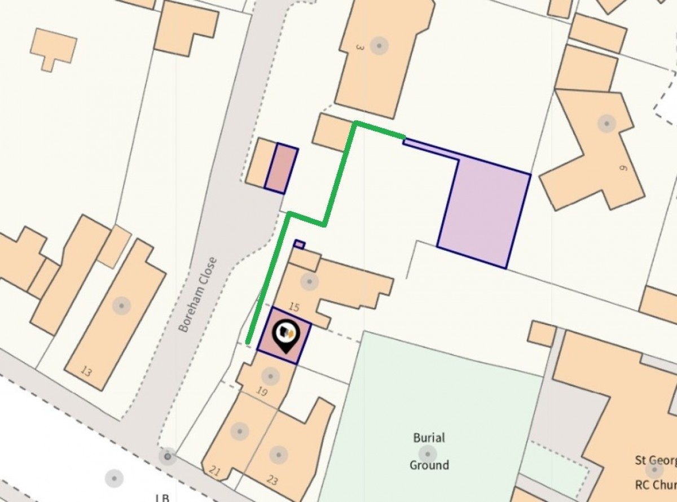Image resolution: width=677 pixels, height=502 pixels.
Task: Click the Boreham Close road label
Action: pos(197,294)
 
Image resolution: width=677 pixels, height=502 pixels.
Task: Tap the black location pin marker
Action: pos(285,335)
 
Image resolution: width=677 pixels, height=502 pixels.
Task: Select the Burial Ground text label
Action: pos(429,451)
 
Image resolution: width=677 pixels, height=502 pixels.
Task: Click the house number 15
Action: pos(293,307)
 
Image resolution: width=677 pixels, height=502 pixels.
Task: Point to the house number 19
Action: pos(262,391)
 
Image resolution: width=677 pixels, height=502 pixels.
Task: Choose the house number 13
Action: pos(86,371)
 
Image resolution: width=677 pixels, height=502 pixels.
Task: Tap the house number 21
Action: pos(214,470)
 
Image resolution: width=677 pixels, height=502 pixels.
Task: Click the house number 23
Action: pos(272,481)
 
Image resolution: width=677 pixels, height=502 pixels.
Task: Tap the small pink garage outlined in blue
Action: pos(281,168)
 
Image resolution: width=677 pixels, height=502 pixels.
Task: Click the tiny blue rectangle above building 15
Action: pos(300,244)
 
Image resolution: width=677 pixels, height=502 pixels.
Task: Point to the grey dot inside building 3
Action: pos(379,45)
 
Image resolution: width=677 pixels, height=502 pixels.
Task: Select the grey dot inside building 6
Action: pos(606,123)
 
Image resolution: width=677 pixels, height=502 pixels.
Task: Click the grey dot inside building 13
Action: pos(121,305)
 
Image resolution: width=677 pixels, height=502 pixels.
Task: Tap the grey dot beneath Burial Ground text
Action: pos(427,453)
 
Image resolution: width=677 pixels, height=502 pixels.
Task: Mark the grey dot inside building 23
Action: pos(277,455)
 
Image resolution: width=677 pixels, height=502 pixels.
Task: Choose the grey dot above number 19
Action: pos(270,376)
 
